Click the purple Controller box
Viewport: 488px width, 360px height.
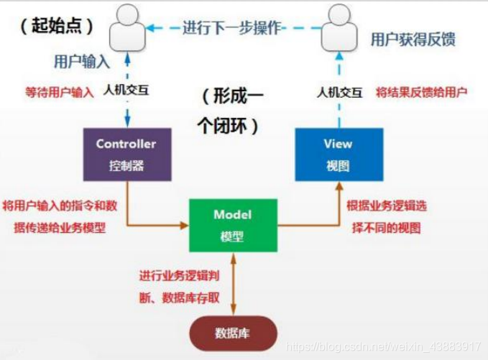126,154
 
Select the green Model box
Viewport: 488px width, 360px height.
232,225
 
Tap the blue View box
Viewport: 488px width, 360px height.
337,154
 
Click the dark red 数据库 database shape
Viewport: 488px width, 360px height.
232,333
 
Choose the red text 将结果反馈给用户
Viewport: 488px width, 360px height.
422,93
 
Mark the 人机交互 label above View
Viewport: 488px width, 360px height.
340,92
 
